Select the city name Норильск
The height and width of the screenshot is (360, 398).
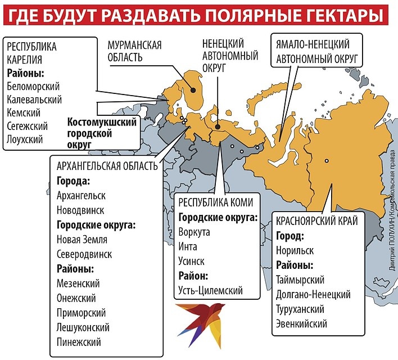pyautogui.click(x=295, y=250)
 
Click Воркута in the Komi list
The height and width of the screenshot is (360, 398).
pyautogui.click(x=195, y=232)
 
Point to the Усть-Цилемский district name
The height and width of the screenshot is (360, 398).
pyautogui.click(x=211, y=290)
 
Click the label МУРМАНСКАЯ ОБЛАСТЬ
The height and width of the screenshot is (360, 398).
pyautogui.click(x=134, y=51)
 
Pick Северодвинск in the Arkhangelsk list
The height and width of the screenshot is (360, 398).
pyautogui.click(x=84, y=254)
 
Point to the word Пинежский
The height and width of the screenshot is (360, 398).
pyautogui.click(x=78, y=341)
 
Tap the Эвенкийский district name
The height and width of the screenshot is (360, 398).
pyautogui.click(x=302, y=323)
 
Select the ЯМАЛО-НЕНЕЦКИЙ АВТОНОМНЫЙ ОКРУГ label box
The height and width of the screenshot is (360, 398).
pyautogui.click(x=318, y=51)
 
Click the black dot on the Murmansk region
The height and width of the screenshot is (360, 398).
pyautogui.click(x=192, y=89)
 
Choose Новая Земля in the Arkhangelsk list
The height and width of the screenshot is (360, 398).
pyautogui.click(x=82, y=240)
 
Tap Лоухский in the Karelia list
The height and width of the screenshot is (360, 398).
pyautogui.click(x=25, y=139)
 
